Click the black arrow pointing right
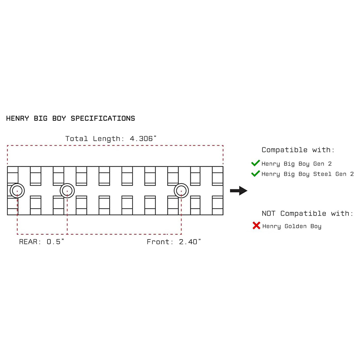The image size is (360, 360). tap(238, 191)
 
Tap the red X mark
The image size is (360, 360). tap(256, 226)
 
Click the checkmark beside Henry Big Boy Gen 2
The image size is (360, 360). tap(255, 163)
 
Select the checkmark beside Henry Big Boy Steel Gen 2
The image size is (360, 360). tap(255, 173)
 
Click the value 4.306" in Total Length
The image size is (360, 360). tap(143, 138)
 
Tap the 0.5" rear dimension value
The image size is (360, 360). tap(55, 241)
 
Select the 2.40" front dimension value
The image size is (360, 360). tap(190, 241)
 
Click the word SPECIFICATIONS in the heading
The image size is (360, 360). tap(103, 118)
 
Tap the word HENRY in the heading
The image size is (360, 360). tap(18, 118)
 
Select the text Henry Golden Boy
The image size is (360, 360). tap(292, 226)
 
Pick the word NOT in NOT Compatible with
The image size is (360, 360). tap(269, 213)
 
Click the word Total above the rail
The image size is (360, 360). tap(76, 138)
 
